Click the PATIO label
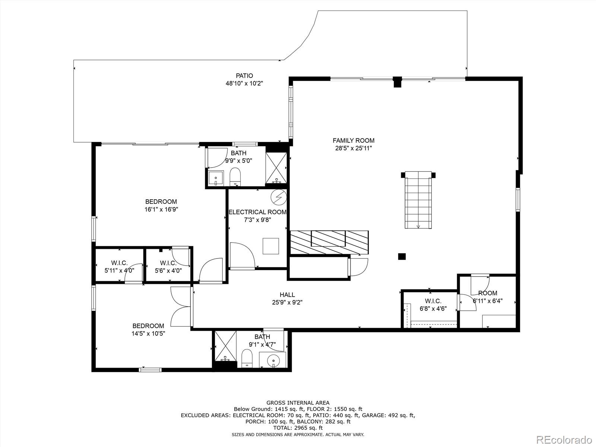point(244,76)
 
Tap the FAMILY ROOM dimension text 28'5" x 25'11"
point(354,148)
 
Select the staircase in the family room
point(418,200)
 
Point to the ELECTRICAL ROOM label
point(257,212)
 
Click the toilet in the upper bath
point(235,177)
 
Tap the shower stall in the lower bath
point(225,346)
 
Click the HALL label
point(287,295)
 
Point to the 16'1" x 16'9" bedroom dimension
point(161,209)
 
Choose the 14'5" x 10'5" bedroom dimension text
point(148,333)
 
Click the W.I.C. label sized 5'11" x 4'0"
point(119,263)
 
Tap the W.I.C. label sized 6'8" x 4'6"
point(433,301)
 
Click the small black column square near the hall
point(402,257)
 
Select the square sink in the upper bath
point(216,178)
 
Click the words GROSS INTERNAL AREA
point(298,403)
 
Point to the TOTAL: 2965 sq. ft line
point(298,428)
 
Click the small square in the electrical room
point(271,246)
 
